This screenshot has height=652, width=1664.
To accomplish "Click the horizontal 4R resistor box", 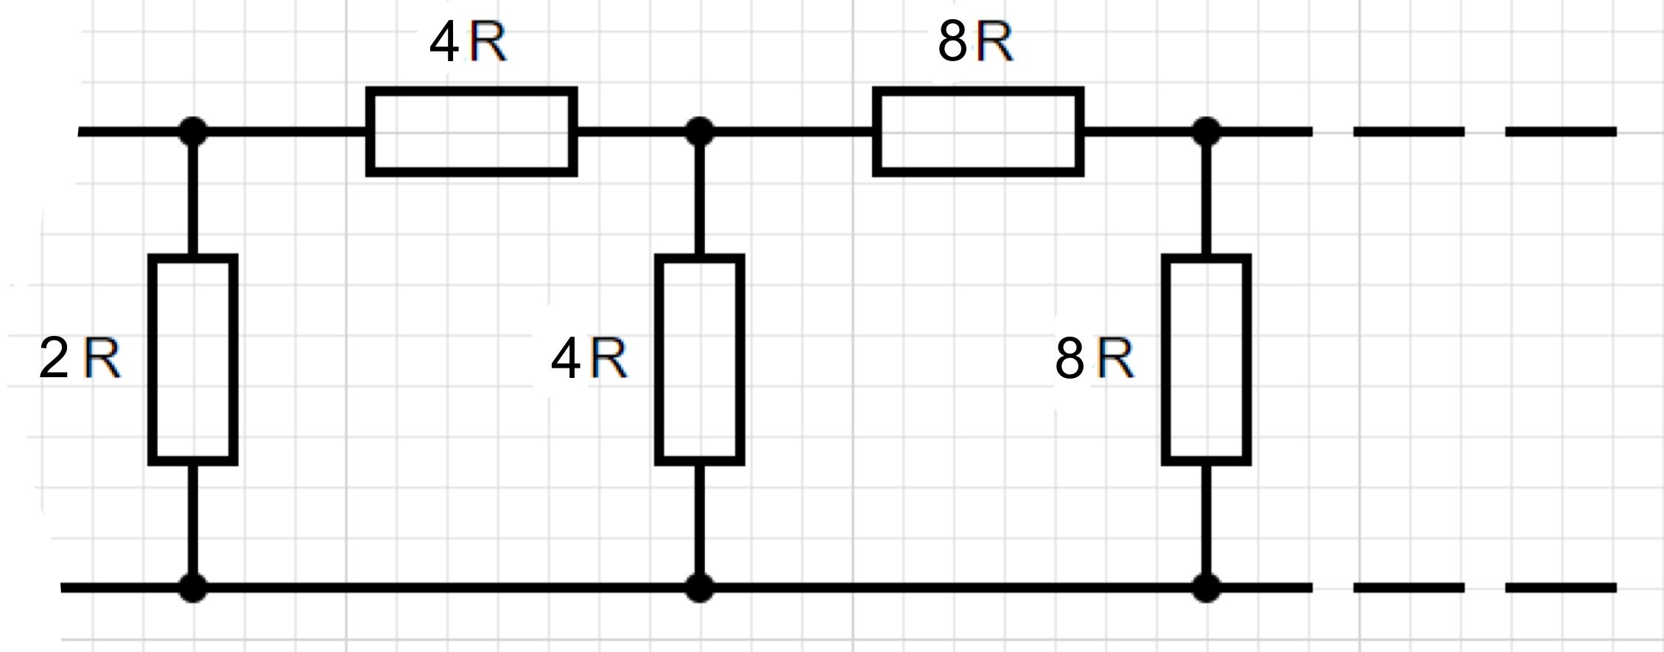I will pos(471,132).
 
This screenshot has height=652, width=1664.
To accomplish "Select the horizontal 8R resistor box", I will pos(978,132).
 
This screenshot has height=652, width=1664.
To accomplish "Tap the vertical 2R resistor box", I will pos(193,360).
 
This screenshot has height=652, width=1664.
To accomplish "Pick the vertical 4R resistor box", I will pos(700,360).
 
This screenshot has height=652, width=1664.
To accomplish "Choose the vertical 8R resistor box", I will pos(1207,360).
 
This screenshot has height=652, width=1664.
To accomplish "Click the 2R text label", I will pos(80,359).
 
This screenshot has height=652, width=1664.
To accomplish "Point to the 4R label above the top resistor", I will pos(468,43).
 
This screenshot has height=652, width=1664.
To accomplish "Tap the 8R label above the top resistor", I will pos(975,42).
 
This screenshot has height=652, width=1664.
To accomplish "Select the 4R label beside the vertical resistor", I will pos(589,359).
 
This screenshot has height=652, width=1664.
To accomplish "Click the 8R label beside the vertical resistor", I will pos(1095,359).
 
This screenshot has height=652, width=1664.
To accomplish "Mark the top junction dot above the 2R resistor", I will pos(193,132).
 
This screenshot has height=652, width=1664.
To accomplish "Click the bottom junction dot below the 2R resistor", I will pos(193,588).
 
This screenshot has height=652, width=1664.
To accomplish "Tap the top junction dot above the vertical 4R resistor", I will pos(700,132).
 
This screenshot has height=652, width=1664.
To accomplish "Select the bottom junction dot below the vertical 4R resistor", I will pos(700,588).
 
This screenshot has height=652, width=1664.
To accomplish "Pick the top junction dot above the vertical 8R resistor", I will pos(1207,132).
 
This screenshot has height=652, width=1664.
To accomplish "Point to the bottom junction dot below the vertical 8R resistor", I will pos(1207,588).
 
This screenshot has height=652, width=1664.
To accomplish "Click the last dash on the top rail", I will pos(1561,132).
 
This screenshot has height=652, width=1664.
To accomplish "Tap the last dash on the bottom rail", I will pos(1561,588).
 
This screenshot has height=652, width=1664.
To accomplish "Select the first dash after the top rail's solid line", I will pos(1409,132).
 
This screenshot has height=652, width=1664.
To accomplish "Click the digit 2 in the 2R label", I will pos(54,359).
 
